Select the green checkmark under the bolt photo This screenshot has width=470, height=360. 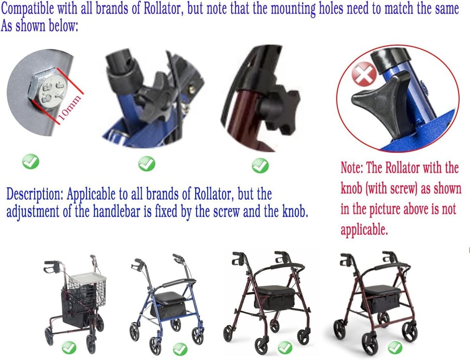click(x=31, y=162)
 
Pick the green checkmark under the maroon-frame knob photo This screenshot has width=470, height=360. click(x=259, y=165)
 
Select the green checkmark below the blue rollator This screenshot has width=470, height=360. click(x=180, y=349)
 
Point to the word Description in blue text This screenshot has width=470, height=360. click(x=35, y=194)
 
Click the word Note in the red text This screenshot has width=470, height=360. click(x=350, y=168)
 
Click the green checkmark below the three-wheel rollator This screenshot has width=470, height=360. click(x=69, y=348)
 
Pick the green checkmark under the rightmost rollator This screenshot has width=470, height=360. click(x=395, y=347)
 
